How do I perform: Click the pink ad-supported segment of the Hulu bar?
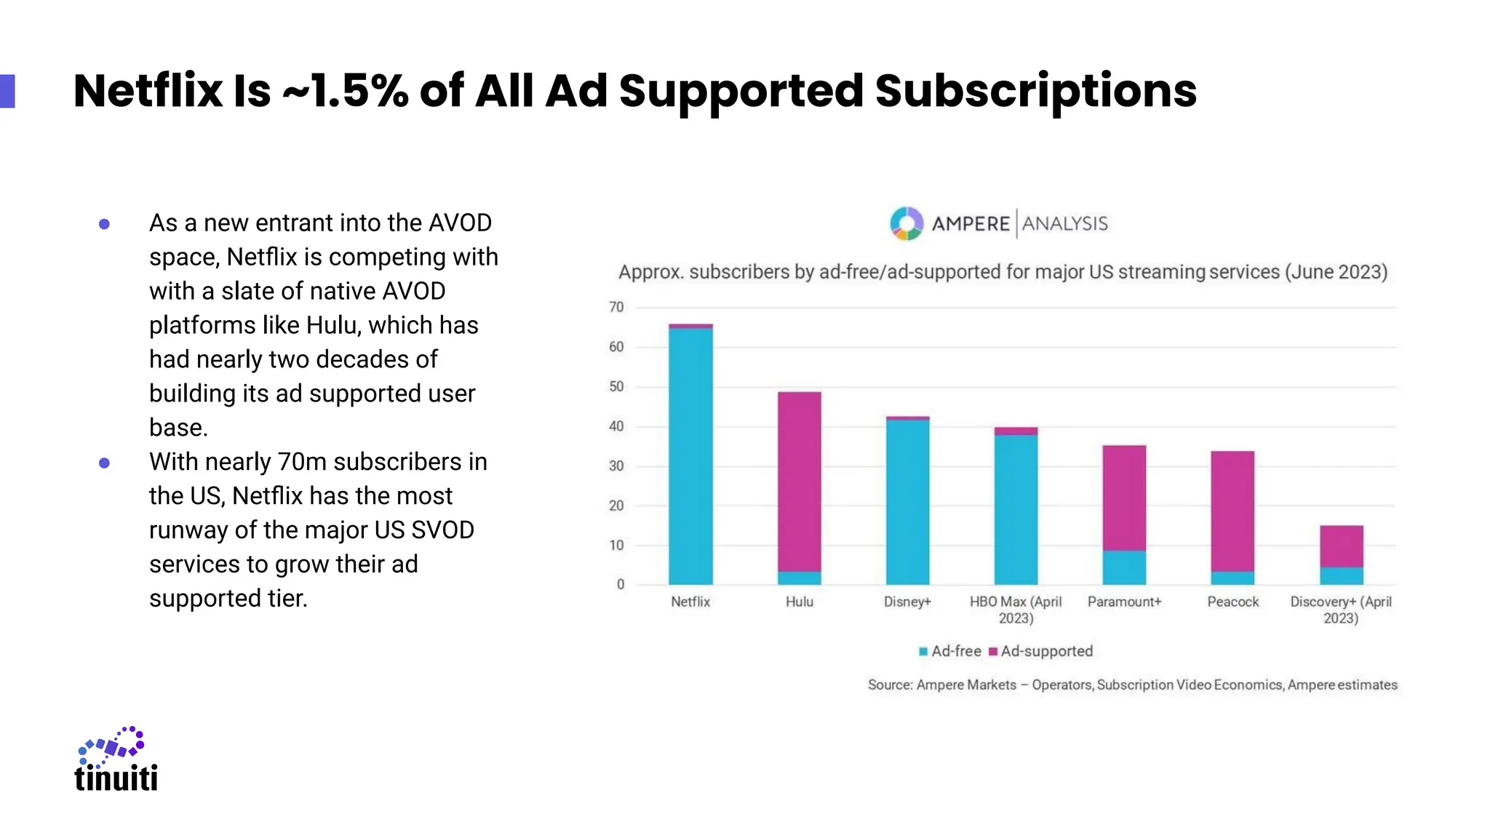point(799,480)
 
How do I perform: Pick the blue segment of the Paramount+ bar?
point(1124,567)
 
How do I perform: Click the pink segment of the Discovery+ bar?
point(1341,546)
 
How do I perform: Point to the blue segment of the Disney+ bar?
point(907,502)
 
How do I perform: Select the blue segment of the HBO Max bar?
point(1016,509)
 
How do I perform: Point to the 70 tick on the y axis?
point(616,307)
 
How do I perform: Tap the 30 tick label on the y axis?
point(616,466)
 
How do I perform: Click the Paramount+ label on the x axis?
point(1124,602)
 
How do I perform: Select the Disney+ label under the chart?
point(907,602)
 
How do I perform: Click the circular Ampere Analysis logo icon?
point(907,223)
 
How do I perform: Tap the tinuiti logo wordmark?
point(116,778)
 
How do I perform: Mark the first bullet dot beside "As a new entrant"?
point(104,224)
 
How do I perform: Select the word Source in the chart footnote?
point(889,685)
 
